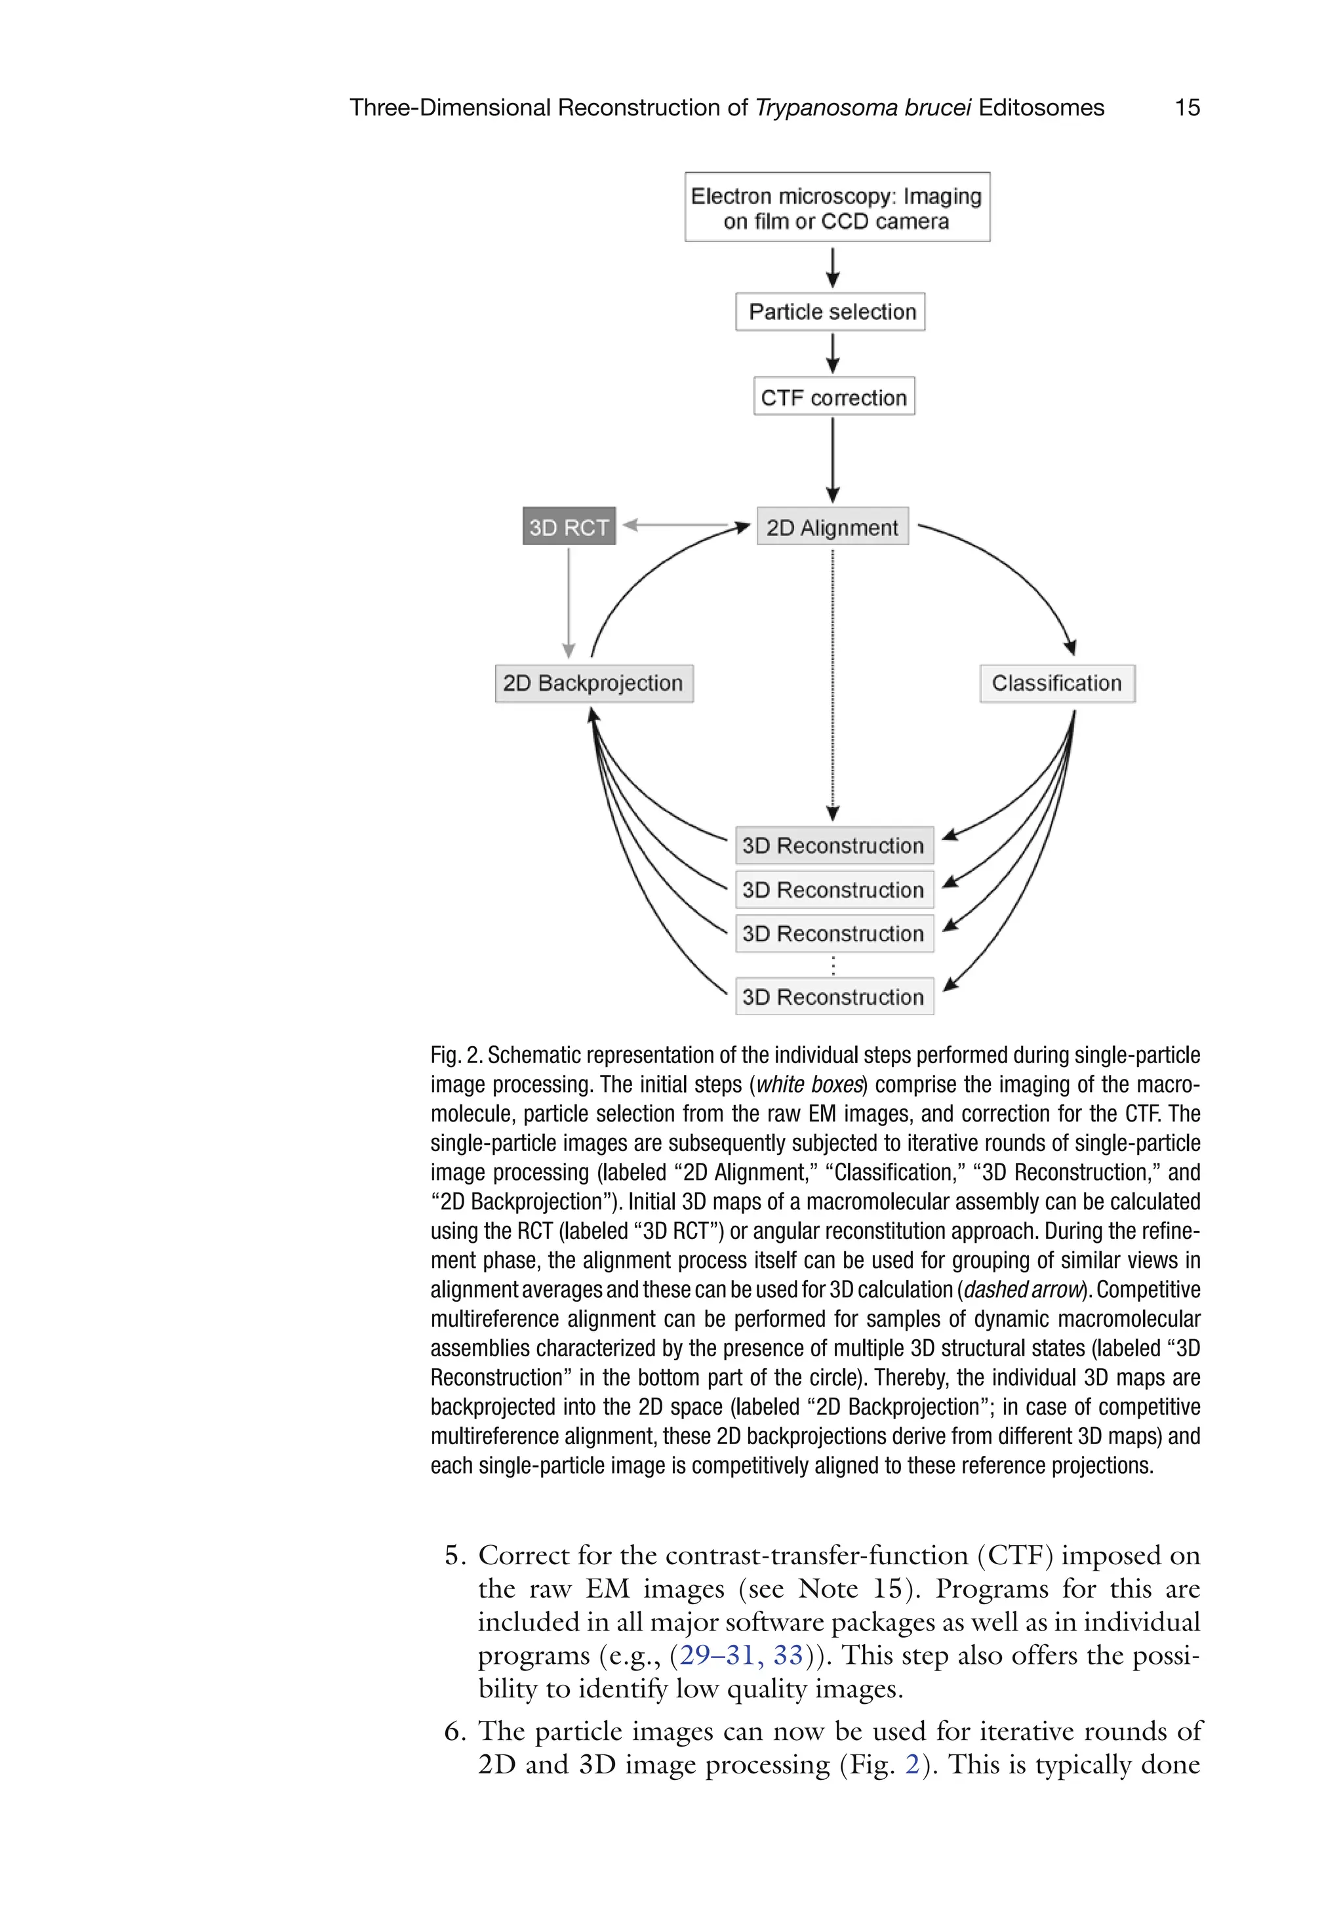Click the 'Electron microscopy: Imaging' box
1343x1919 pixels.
click(x=837, y=207)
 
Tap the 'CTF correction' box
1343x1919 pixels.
click(x=833, y=397)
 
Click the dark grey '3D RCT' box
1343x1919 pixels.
click(x=569, y=527)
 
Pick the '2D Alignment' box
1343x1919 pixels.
click(x=832, y=527)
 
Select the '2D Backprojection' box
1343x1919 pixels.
click(x=593, y=683)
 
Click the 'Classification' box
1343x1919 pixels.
click(x=1056, y=683)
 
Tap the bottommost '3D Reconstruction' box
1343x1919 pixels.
click(x=833, y=996)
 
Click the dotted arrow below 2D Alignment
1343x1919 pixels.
click(x=832, y=685)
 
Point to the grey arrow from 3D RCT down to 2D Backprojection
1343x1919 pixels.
click(x=569, y=602)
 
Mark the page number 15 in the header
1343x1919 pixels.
click(x=1187, y=108)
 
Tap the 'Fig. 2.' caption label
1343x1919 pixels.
click(x=456, y=1056)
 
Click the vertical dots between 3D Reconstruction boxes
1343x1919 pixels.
click(x=833, y=966)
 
